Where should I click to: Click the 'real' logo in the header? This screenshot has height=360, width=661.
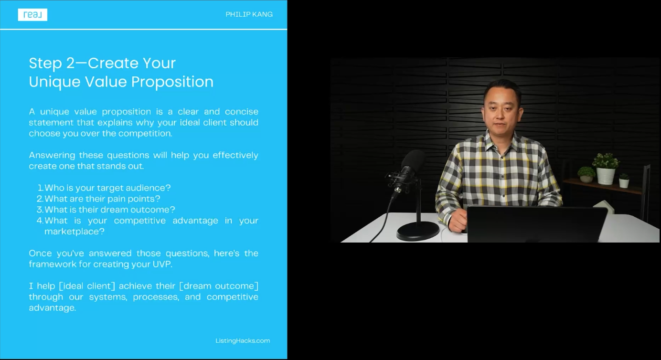coord(32,15)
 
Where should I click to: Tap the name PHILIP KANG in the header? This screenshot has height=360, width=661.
coord(249,14)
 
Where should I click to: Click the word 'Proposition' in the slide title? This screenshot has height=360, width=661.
coord(172,82)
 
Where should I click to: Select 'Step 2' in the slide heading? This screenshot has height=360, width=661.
coord(52,64)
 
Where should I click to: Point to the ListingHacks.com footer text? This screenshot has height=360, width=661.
coord(243,341)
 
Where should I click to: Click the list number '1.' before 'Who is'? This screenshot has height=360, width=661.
coord(41,188)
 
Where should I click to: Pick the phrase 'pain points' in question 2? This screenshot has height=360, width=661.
coord(128,199)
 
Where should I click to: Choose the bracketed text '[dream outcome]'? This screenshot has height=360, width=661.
coord(219,286)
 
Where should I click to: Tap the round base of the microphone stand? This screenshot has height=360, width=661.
coord(417,231)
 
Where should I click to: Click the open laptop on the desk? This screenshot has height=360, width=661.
coord(535,224)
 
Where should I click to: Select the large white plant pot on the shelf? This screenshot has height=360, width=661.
coord(606,176)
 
